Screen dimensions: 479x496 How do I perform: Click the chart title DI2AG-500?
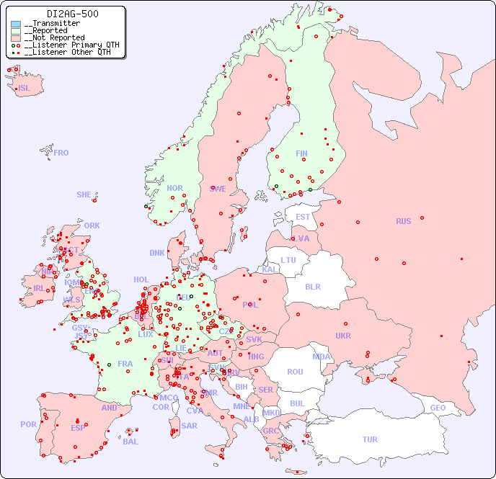click(x=72, y=14)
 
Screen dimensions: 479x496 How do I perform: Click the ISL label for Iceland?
click(x=25, y=89)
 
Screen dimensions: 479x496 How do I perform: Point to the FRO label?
click(x=61, y=153)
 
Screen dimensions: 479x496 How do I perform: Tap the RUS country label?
click(x=403, y=221)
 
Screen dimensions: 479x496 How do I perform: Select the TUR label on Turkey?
click(x=370, y=439)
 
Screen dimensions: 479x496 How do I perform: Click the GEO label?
click(x=438, y=408)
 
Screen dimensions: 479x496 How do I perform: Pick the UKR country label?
click(x=343, y=336)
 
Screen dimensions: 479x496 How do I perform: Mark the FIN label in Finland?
click(x=301, y=153)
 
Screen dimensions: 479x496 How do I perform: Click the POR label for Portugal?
click(x=28, y=424)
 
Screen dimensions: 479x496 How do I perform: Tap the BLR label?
click(x=312, y=286)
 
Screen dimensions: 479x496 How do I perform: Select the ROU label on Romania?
click(x=295, y=372)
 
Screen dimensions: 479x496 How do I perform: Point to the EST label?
click(x=303, y=217)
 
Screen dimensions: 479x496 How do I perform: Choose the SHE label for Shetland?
click(x=84, y=194)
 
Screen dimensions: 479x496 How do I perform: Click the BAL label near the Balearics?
click(x=130, y=442)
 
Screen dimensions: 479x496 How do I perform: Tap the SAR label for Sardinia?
click(x=189, y=426)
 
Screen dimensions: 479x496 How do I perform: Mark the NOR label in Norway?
click(x=174, y=188)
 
